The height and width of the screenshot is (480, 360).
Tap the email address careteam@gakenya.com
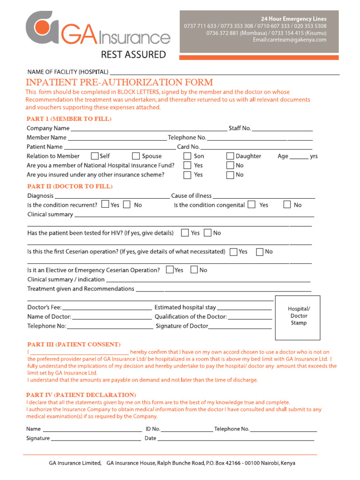[x=289, y=40]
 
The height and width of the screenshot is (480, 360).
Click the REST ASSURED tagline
[x=134, y=55]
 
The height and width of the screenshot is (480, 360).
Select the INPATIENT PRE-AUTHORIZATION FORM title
[x=119, y=82]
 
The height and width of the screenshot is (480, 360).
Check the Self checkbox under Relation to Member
[x=95, y=156]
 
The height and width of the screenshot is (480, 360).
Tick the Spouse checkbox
[x=136, y=156]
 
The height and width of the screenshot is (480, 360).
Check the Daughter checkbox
[x=230, y=156]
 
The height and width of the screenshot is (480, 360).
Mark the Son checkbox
[x=187, y=156]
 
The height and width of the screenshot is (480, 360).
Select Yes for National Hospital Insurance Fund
[x=187, y=165]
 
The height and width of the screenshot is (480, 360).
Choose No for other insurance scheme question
[x=230, y=175]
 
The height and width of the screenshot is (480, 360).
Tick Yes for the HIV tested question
[x=185, y=233]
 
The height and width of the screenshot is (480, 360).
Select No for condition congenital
[x=287, y=205]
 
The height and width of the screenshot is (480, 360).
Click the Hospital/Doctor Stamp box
[x=298, y=317]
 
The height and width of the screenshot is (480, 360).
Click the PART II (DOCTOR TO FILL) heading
[x=70, y=187]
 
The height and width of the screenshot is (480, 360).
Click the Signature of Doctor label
[x=182, y=326]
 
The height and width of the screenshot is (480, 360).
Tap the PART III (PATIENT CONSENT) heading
[x=74, y=345]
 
